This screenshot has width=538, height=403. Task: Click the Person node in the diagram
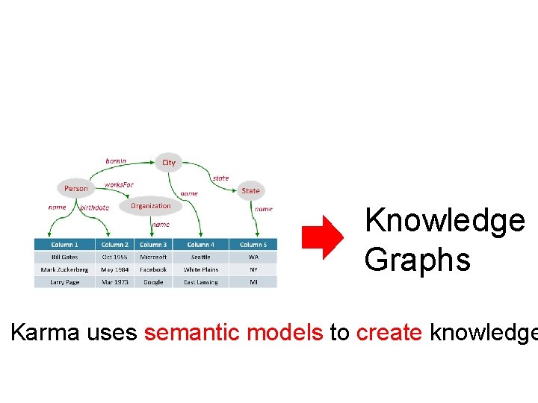(x=76, y=188)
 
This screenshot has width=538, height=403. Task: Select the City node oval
(x=170, y=162)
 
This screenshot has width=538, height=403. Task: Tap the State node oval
(x=251, y=190)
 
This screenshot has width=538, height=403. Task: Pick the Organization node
(x=151, y=206)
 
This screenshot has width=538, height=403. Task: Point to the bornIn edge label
(x=116, y=160)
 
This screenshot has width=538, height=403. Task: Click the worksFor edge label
(x=119, y=184)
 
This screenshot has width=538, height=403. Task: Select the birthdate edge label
(x=95, y=207)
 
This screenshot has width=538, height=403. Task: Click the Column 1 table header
(x=64, y=245)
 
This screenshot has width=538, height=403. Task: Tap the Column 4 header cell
(x=200, y=245)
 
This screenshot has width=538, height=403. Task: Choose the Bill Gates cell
(x=64, y=257)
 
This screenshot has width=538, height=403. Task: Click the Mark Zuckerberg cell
(x=64, y=269)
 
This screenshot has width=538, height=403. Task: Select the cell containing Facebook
(x=153, y=269)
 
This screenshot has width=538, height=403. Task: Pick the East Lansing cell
(x=200, y=282)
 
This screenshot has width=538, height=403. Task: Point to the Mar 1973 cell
(x=114, y=282)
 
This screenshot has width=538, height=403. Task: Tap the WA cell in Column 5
(x=253, y=257)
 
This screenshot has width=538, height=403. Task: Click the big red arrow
(x=321, y=238)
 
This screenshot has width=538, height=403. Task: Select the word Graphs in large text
(x=417, y=260)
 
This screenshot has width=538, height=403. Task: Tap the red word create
(x=389, y=332)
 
